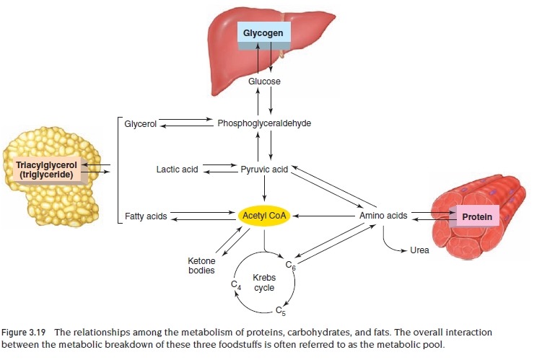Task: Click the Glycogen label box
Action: coord(264,33)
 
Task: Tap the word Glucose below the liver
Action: coord(264,82)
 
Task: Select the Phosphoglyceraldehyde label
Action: coord(264,123)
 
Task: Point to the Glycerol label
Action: coord(140,124)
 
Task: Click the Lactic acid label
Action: coord(177,170)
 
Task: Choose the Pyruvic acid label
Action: coord(264,170)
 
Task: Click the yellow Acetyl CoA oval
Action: coord(264,215)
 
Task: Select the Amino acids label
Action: coord(383,216)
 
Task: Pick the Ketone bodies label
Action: coord(201,265)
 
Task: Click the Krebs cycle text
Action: coord(263,282)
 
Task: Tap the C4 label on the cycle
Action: coord(235,286)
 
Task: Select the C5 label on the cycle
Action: coord(282,312)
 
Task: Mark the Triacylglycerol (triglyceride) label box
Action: coord(46,169)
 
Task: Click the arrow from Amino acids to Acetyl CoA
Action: coord(325,215)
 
